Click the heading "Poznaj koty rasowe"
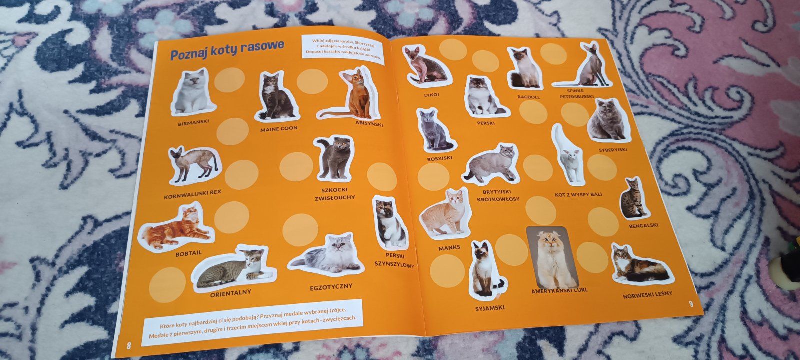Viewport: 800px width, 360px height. [227, 50]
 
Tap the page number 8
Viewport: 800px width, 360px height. [129, 345]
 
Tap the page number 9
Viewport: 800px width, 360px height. [691, 304]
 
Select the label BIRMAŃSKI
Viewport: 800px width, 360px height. [193, 123]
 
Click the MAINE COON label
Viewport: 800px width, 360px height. [279, 129]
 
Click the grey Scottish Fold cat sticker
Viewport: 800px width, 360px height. [334, 158]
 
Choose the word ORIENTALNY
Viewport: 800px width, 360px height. [230, 294]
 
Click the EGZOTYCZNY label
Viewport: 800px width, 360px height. [331, 287]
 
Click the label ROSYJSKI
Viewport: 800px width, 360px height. [439, 158]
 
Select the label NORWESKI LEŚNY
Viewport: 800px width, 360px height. [647, 295]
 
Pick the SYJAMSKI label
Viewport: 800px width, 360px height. [490, 308]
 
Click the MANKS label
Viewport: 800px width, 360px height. [449, 248]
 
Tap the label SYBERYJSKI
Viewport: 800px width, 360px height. [613, 150]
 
